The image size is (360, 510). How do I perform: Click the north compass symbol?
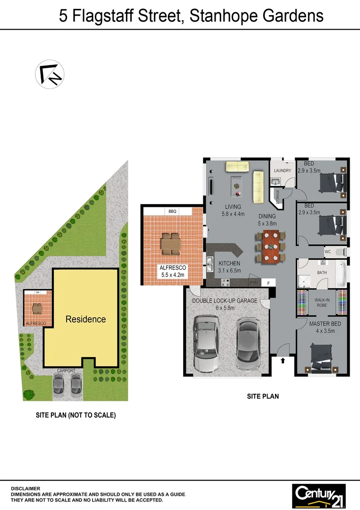point(50,74)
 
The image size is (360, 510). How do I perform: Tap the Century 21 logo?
point(319,495)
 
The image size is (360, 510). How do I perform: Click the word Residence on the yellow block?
point(85,319)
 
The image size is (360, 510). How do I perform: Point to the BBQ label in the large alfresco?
point(171,211)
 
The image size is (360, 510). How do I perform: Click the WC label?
point(327,252)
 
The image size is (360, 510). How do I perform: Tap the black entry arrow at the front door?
point(283,361)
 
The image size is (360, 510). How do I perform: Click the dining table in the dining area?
point(271,246)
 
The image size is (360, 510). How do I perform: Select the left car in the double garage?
point(206,343)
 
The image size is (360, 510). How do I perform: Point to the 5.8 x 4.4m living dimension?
point(233,214)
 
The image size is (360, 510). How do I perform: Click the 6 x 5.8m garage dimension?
point(224,308)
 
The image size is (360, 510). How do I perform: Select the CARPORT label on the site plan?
point(66,371)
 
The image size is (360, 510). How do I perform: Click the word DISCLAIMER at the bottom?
point(25,489)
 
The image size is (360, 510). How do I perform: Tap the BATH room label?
point(322,273)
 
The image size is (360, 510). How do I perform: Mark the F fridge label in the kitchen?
point(268,282)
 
